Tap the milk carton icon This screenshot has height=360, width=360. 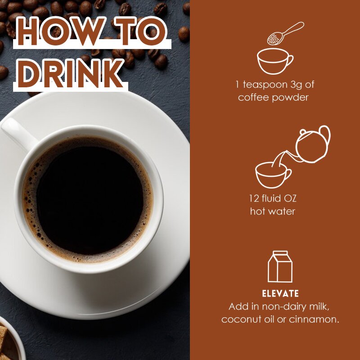[x=280, y=267]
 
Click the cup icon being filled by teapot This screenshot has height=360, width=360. [x=273, y=175]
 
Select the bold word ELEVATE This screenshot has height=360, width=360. [x=280, y=294]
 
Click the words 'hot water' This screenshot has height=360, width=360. [x=273, y=211]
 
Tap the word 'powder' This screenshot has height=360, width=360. [x=290, y=98]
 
